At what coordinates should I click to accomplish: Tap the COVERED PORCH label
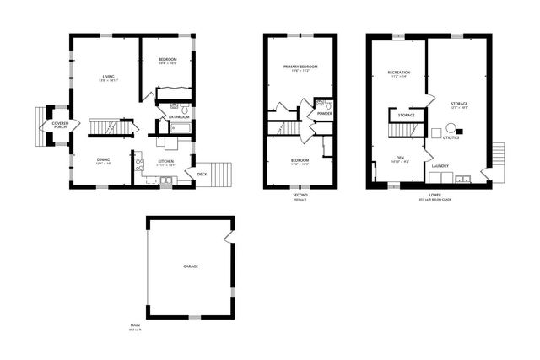(x=60, y=126)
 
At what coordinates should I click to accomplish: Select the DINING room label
(x=103, y=160)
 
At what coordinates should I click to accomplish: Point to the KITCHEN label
(x=165, y=161)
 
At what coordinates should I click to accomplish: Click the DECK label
(x=202, y=175)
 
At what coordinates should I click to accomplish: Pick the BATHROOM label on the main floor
(x=178, y=117)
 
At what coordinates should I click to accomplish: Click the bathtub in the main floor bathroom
(x=180, y=128)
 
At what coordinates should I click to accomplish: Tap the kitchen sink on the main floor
(x=165, y=180)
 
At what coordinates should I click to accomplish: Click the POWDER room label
(x=325, y=114)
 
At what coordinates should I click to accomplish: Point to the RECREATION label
(x=398, y=73)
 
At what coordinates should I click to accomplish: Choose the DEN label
(x=401, y=158)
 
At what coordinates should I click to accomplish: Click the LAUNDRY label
(x=440, y=166)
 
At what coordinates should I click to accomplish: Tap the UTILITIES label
(x=451, y=137)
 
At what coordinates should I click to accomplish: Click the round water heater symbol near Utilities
(x=451, y=128)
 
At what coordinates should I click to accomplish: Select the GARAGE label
(x=191, y=266)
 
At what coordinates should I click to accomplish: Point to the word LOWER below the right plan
(x=434, y=195)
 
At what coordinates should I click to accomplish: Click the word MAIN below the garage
(x=135, y=325)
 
